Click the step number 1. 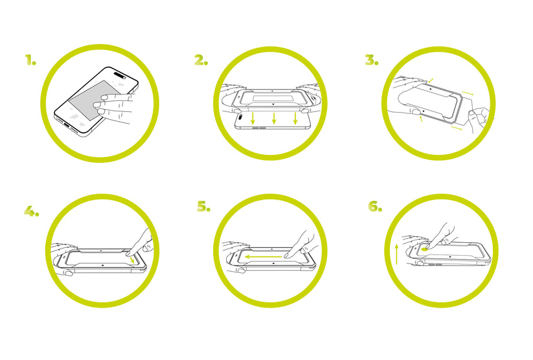click(x=30, y=60)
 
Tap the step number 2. click(x=201, y=60)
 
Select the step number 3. click(x=372, y=60)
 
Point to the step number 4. click(x=31, y=211)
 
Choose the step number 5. click(x=203, y=207)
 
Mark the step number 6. click(x=375, y=207)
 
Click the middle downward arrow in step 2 click(x=274, y=118)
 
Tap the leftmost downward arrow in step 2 click(x=253, y=118)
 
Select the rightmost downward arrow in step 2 click(x=295, y=118)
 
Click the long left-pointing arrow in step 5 click(x=263, y=256)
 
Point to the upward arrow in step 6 click(x=396, y=254)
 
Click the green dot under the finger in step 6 click(x=424, y=249)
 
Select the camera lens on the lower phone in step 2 click(x=240, y=118)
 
